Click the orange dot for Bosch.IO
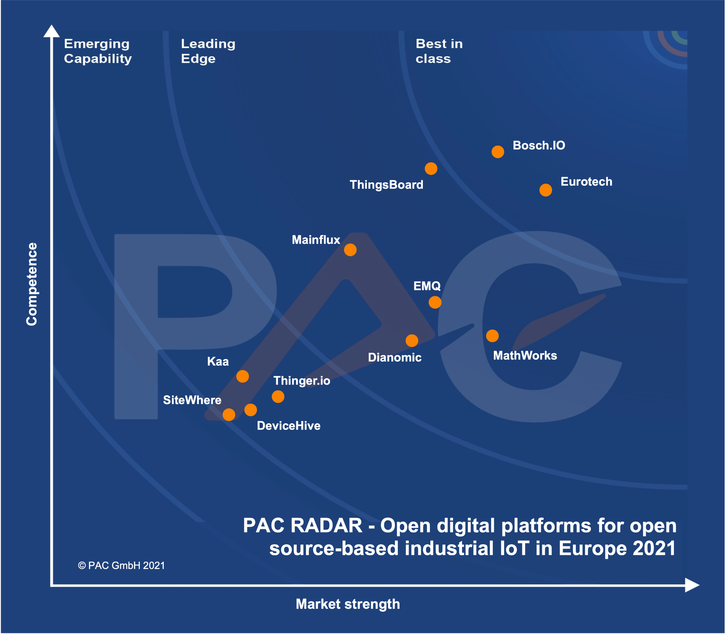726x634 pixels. coord(498,152)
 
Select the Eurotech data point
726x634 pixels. coord(546,190)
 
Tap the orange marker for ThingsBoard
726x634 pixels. coord(431,169)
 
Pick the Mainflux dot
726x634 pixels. coord(350,250)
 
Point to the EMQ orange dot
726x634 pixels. coord(435,303)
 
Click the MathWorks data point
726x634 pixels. coord(492,336)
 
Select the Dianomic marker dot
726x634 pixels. coord(412,341)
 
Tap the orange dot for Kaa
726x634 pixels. coord(242,376)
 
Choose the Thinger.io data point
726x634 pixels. coord(278,397)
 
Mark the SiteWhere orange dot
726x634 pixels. coord(229,415)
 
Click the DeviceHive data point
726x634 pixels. coord(251,410)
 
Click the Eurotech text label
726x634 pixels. coord(586,182)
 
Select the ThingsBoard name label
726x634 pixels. coord(386,185)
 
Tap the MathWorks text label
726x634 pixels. coord(525,355)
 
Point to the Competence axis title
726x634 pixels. coord(32,284)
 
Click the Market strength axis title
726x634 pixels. coord(348,604)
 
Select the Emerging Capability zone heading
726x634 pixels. coord(97,51)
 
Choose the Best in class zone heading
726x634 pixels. coord(439,51)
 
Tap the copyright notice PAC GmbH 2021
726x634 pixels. coord(122,566)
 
